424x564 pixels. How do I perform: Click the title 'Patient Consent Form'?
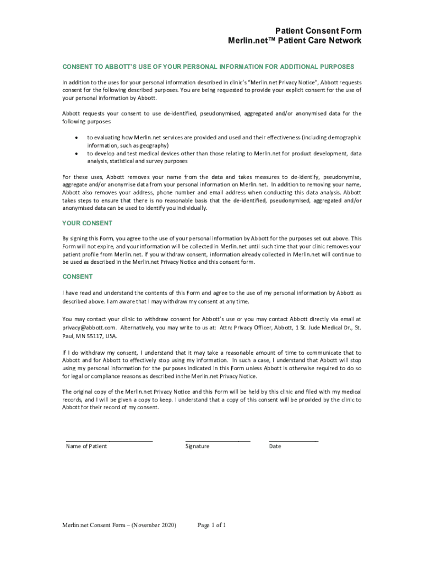(x=318, y=31)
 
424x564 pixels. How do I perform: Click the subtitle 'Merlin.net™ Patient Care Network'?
(x=295, y=41)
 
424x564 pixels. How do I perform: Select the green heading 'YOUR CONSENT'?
(x=87, y=223)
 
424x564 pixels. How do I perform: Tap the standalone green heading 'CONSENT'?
(x=77, y=276)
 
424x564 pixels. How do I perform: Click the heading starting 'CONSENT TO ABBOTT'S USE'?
(x=208, y=67)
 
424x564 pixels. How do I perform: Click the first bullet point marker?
(x=75, y=137)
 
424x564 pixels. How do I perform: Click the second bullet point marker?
(x=75, y=154)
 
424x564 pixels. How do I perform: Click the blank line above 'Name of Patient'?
(x=109, y=441)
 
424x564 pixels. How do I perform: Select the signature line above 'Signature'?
(x=218, y=441)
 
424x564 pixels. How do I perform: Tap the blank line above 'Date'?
(x=293, y=441)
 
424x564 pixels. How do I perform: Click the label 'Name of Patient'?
(x=86, y=446)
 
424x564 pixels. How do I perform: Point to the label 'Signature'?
(x=197, y=446)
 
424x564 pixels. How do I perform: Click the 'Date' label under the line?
(x=275, y=446)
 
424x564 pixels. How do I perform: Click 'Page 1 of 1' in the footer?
(x=211, y=525)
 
